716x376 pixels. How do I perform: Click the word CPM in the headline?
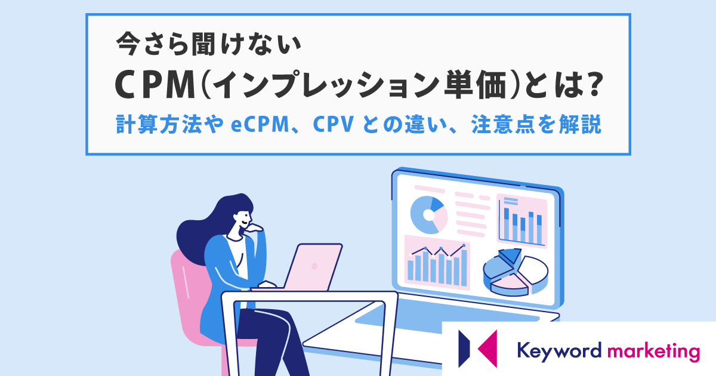(x=155, y=86)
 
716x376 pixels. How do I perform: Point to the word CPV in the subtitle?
(x=334, y=124)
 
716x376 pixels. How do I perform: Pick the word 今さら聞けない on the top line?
(x=208, y=44)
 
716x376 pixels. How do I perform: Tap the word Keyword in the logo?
(x=559, y=350)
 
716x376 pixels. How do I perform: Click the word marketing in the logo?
(x=653, y=351)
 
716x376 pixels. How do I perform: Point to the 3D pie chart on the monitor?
(x=516, y=272)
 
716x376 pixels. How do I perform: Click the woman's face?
(x=243, y=218)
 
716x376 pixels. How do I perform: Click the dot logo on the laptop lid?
(x=314, y=266)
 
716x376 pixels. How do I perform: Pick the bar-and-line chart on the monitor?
(x=437, y=263)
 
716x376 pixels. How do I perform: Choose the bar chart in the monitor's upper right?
(x=522, y=221)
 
